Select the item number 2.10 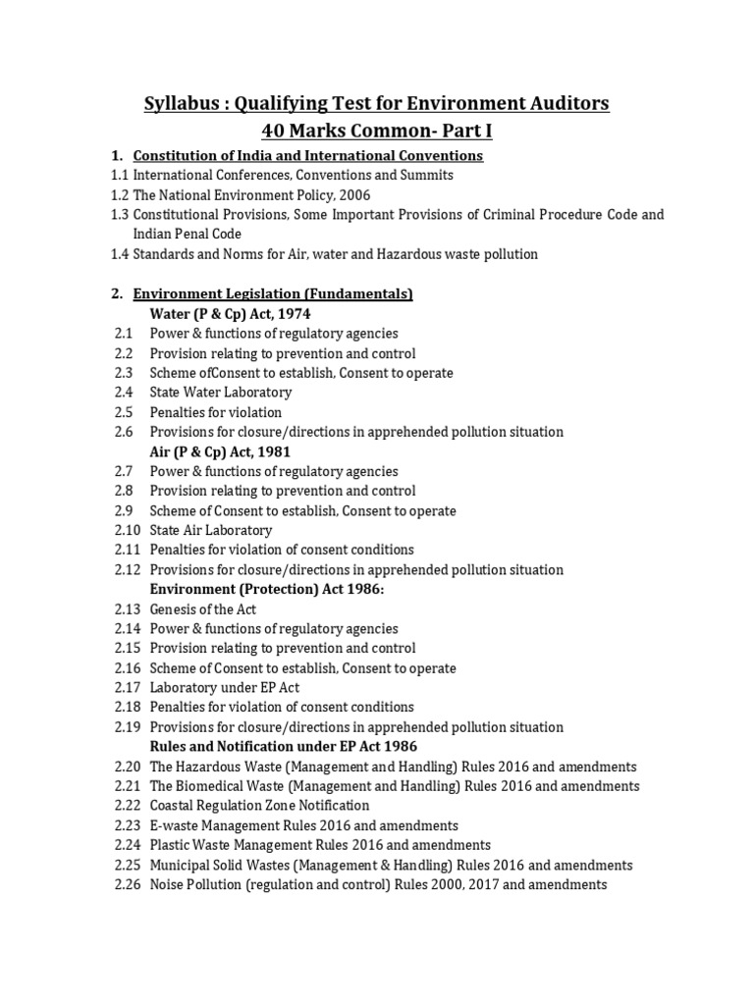click(127, 530)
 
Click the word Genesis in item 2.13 click(174, 609)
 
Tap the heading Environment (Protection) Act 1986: click(267, 589)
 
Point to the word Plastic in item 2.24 click(171, 845)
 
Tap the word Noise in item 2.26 click(167, 885)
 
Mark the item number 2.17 click(127, 688)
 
